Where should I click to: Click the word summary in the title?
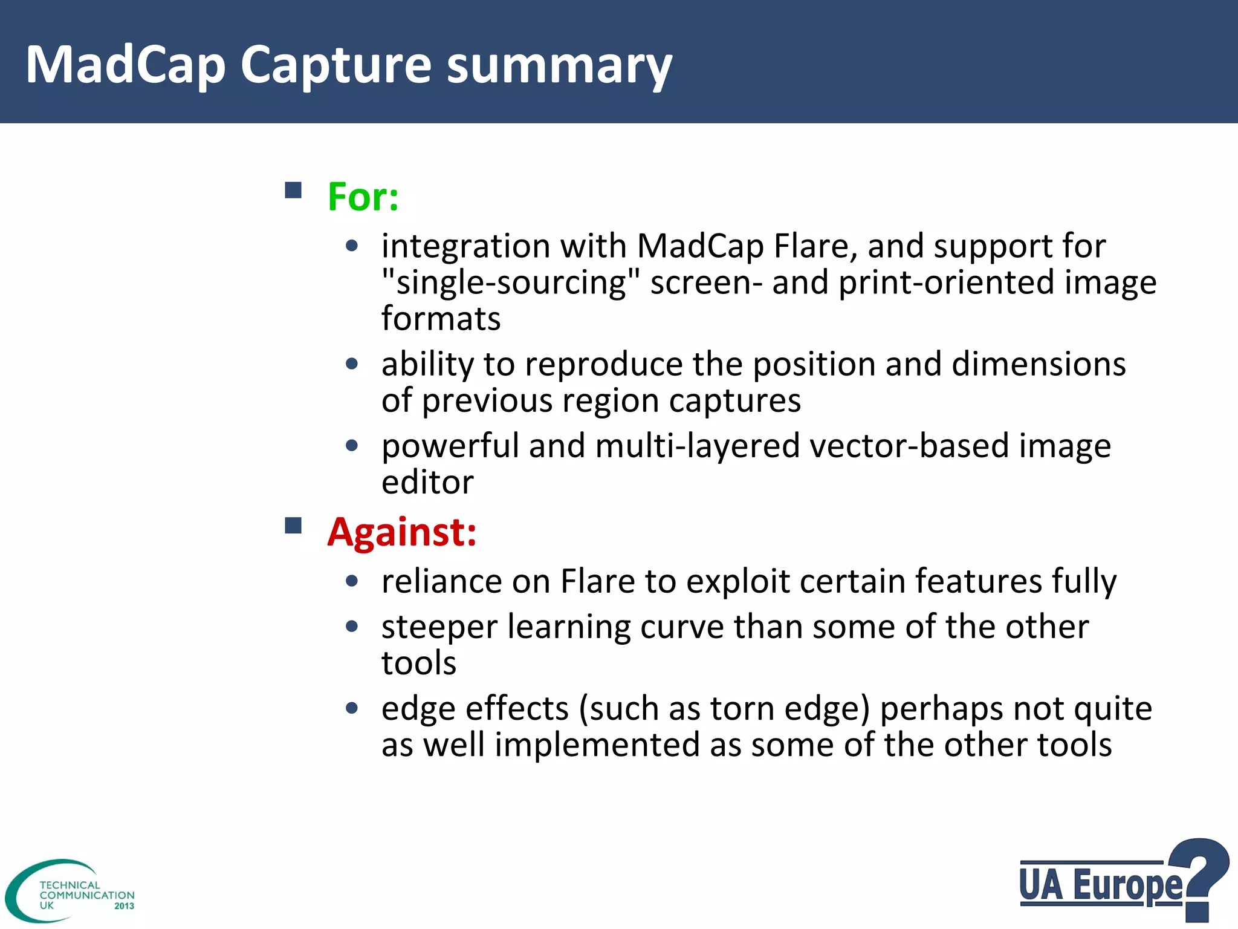(559, 65)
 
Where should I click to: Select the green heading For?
(363, 197)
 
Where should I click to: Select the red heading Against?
(401, 532)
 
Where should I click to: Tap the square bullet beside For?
(293, 191)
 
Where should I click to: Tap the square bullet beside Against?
(293, 525)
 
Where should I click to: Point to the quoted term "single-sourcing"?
(511, 282)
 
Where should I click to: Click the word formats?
(441, 319)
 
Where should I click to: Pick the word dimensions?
(1039, 364)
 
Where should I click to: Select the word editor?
(427, 482)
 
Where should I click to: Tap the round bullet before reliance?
(352, 581)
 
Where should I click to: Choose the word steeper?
(439, 627)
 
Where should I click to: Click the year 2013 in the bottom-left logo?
(124, 906)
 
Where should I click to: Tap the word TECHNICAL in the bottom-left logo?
(70, 885)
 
